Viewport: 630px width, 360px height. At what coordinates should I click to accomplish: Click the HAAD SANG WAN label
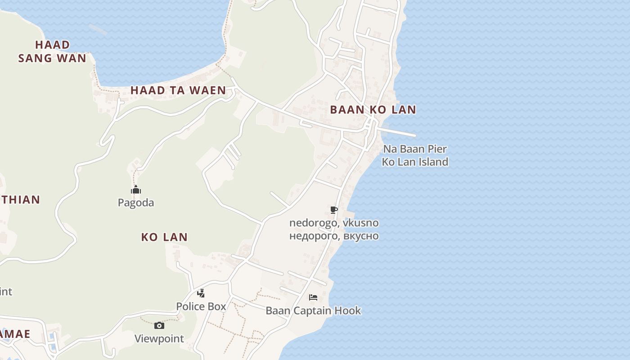[x=52, y=51]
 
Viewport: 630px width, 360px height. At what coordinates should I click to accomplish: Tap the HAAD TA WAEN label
[x=178, y=90]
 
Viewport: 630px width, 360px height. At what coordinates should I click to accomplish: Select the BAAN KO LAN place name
[x=373, y=110]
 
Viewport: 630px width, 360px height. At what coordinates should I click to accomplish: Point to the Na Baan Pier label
[x=415, y=149]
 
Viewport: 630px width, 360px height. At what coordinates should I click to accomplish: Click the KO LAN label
[x=164, y=237]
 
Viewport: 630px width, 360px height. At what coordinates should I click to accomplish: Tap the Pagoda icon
[x=136, y=189]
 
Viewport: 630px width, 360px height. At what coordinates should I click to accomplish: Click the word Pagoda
[x=136, y=203]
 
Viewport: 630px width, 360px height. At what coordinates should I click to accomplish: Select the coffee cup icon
[x=333, y=210]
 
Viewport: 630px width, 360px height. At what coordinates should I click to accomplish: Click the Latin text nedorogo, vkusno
[x=334, y=223]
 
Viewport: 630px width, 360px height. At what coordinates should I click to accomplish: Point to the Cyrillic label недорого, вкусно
[x=334, y=236]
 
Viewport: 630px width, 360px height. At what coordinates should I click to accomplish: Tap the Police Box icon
[x=201, y=293]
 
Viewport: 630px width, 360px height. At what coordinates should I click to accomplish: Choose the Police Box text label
[x=201, y=306]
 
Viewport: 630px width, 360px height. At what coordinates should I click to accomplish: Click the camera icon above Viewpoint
[x=159, y=325]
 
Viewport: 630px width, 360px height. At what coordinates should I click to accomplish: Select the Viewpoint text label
[x=159, y=339]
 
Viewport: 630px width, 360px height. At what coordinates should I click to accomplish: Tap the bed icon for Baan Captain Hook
[x=313, y=297]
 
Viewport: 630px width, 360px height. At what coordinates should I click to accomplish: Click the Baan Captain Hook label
[x=313, y=311]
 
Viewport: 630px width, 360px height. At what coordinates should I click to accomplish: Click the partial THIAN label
[x=20, y=200]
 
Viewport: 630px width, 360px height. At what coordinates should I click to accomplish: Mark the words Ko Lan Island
[x=415, y=162]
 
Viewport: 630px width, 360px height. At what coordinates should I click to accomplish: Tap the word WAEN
[x=207, y=90]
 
